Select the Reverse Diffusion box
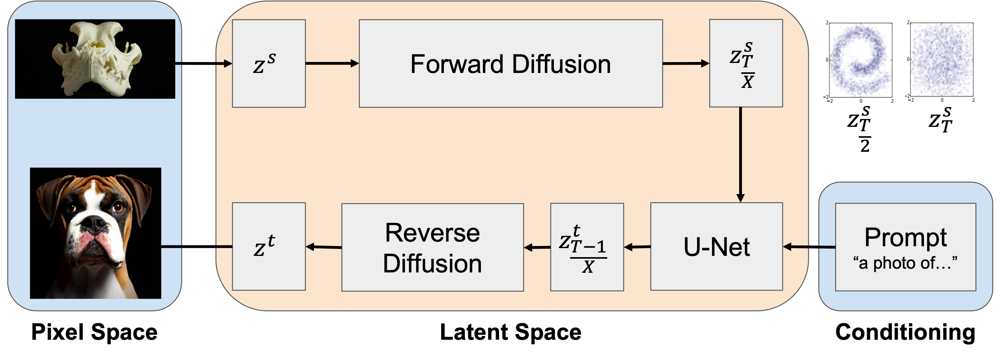(432, 247)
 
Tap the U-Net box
(716, 247)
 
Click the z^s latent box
(269, 64)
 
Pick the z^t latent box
(269, 247)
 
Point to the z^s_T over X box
(745, 64)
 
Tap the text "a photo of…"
(905, 263)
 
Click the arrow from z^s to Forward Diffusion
(332, 63)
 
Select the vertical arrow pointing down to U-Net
(740, 155)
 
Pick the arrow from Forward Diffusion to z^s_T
(685, 63)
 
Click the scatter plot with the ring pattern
(859, 62)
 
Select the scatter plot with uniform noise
(941, 62)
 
